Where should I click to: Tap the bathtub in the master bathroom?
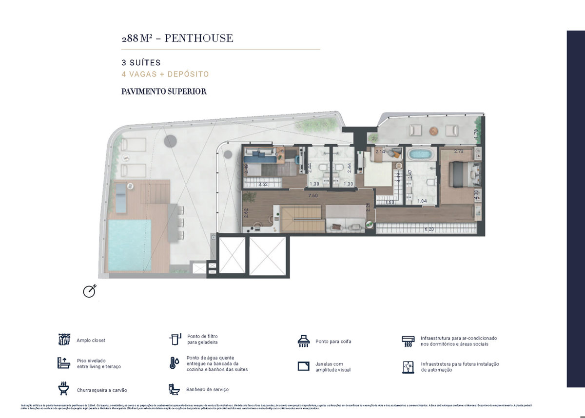coord(419,155)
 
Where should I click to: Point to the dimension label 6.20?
coord(429,229)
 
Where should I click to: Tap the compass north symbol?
coord(89,290)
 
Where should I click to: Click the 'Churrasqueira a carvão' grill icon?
coord(64,389)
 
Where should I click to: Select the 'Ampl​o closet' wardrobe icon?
coord(64,339)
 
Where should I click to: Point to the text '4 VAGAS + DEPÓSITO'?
coord(165,74)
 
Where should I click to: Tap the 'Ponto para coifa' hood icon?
coord(304,341)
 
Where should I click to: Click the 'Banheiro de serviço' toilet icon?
coord(174,389)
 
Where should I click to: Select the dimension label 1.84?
coord(422,201)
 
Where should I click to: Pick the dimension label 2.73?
coord(459,152)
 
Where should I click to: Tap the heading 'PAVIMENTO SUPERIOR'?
coord(164,91)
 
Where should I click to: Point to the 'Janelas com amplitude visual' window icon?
coord(304,366)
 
